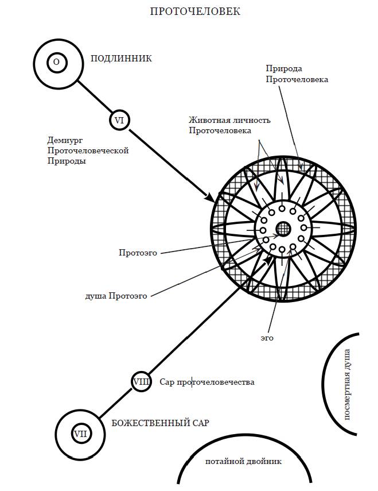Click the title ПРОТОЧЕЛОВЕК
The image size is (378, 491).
[x=195, y=11]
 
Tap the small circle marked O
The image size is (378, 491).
[x=56, y=61]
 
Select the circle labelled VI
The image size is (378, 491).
[x=119, y=121]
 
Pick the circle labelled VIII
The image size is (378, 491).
[x=142, y=381]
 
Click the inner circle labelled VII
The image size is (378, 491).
[x=80, y=434]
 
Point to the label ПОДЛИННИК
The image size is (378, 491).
[x=121, y=59]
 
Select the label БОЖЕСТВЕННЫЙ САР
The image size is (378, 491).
[x=160, y=423]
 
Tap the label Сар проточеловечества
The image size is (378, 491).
[x=207, y=382]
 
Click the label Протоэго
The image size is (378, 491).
[x=138, y=252]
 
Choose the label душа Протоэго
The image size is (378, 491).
[x=116, y=296]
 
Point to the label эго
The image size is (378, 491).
[x=267, y=338]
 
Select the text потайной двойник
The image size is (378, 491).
[x=244, y=461]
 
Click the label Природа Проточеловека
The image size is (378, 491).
[x=297, y=74]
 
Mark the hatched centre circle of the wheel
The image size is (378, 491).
[x=283, y=229]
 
